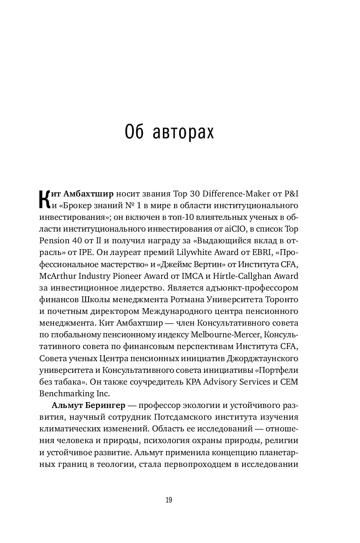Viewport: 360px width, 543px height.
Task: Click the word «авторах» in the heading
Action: click(184, 133)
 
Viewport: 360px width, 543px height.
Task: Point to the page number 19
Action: click(169, 500)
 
